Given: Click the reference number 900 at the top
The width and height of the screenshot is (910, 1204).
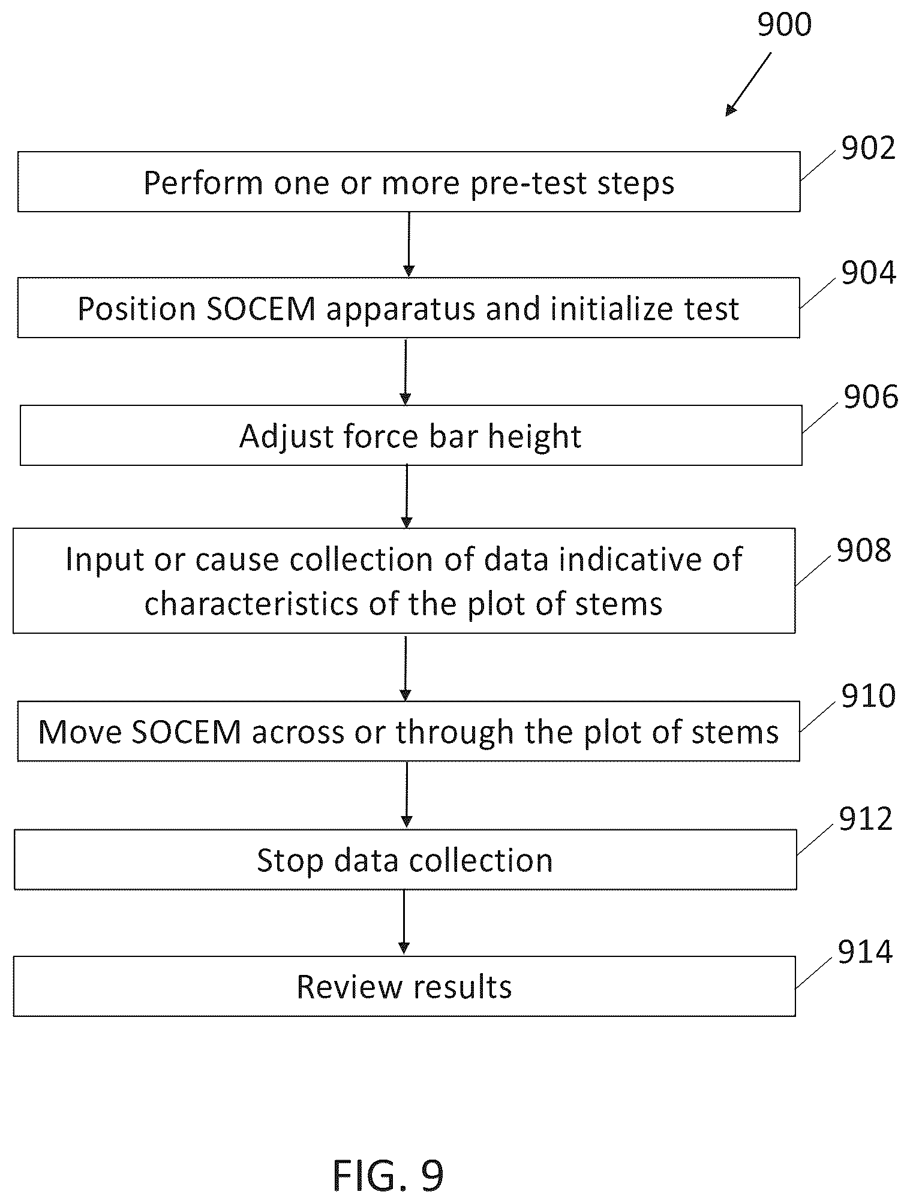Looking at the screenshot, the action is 784,25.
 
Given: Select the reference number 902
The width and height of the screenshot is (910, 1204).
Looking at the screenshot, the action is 868,148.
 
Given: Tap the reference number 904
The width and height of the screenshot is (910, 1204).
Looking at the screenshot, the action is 868,273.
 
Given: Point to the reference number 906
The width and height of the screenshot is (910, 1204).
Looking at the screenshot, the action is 870,397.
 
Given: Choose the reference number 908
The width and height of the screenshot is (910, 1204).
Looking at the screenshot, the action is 864,550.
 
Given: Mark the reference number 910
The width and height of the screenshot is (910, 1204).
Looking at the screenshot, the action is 868,696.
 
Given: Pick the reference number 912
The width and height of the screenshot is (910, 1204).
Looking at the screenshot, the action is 866,819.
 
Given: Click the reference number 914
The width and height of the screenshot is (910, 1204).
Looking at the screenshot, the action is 865,952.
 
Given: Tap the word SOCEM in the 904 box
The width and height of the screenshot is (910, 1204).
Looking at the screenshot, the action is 261,309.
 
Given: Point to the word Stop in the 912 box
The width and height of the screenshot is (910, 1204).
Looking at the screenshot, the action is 291,861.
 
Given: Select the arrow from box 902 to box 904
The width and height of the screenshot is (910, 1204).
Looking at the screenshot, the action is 409,244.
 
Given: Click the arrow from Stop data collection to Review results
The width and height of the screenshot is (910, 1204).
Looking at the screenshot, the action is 404,922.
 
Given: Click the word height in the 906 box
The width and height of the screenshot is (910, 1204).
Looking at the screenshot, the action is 534,437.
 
